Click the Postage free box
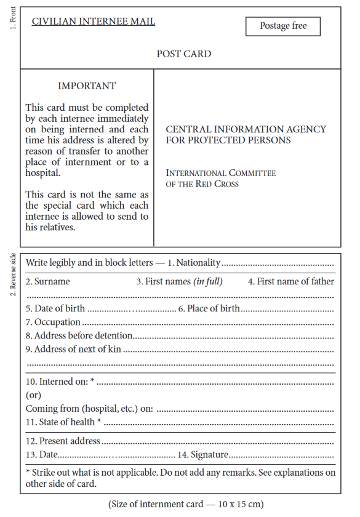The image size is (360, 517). [x=283, y=26]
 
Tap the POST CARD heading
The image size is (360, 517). [x=183, y=54]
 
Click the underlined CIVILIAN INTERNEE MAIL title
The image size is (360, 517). [x=94, y=22]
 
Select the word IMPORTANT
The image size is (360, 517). [x=87, y=86]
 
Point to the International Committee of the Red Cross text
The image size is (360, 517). [x=220, y=178]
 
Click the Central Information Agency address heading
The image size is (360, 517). [x=246, y=135]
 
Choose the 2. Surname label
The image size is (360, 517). [x=48, y=282]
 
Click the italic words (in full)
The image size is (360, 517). [x=208, y=282]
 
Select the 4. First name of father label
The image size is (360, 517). [x=291, y=282]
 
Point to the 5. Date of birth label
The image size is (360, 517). [x=55, y=308]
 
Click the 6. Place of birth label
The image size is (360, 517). [x=209, y=308]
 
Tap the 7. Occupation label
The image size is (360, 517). [x=53, y=322]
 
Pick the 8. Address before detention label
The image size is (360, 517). [x=79, y=336]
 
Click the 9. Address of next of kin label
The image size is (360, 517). [x=73, y=350]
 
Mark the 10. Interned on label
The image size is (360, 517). [x=60, y=382]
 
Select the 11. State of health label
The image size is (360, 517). [x=63, y=422]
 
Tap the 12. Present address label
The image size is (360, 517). [x=63, y=441]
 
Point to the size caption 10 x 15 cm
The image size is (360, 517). [x=186, y=504]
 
